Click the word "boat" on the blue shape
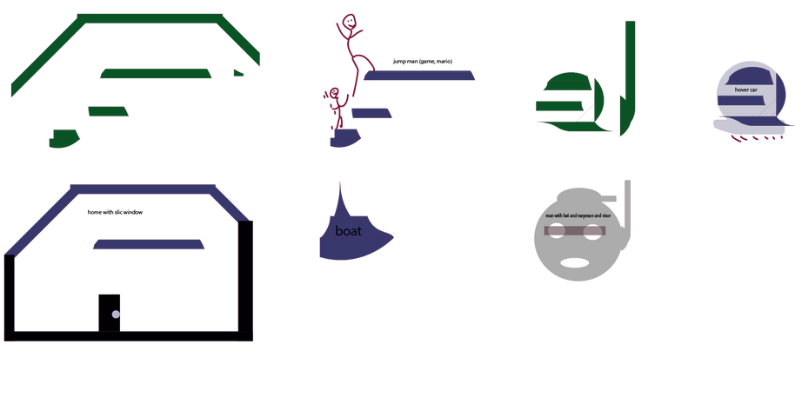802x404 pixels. (348, 231)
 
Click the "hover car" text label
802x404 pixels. (745, 89)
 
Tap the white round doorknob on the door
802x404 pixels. (116, 314)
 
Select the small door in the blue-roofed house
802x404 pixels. (109, 311)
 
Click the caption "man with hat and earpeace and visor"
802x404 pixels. (578, 215)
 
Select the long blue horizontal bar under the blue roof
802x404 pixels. (149, 245)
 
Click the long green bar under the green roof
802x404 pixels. (156, 74)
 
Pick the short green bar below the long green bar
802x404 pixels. (108, 111)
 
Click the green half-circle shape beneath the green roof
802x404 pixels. (64, 138)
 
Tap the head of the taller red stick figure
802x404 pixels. (348, 23)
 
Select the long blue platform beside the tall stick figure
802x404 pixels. (420, 76)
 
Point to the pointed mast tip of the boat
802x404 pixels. (340, 183)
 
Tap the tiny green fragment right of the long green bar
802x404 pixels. (237, 73)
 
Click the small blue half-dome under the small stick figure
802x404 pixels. (342, 139)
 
